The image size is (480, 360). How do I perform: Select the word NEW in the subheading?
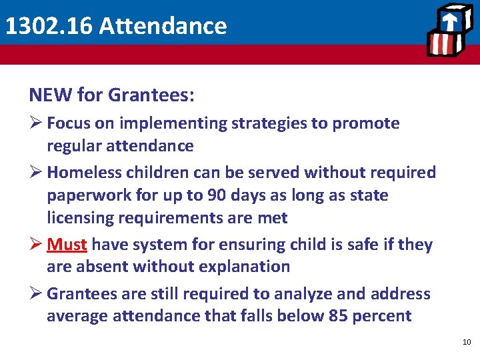click(51, 95)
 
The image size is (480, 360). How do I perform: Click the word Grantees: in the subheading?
click(151, 95)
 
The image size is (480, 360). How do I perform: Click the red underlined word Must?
click(67, 245)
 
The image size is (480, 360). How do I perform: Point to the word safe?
click(360, 245)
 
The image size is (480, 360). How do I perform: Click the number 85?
click(339, 316)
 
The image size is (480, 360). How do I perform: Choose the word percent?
click(382, 316)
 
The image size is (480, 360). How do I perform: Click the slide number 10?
click(466, 342)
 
